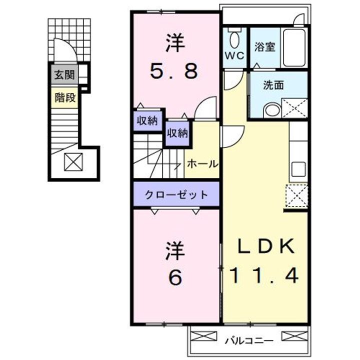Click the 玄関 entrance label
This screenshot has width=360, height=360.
coord(64,74)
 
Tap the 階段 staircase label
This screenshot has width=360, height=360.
coord(65,98)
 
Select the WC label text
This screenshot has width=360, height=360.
coord(234,55)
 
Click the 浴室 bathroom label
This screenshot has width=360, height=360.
coord(264,47)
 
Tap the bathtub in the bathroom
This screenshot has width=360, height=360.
coord(294,47)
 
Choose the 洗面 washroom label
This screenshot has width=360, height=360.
coord(273,85)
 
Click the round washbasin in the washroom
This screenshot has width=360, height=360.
coord(272,110)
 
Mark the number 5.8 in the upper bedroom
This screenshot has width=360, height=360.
coord(174,71)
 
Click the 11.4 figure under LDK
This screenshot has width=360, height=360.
coord(264,275)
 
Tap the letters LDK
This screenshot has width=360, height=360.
coord(266,246)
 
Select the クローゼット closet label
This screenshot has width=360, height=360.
coord(176,195)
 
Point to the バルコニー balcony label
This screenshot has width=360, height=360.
coord(249,340)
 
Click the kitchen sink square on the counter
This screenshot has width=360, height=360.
coord(298,169)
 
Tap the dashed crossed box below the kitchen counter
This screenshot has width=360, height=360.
coord(296,195)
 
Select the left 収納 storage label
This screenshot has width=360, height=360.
coord(147,120)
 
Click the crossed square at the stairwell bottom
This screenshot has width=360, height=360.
coord(73,162)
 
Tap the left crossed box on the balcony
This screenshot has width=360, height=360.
coord(204,336)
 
